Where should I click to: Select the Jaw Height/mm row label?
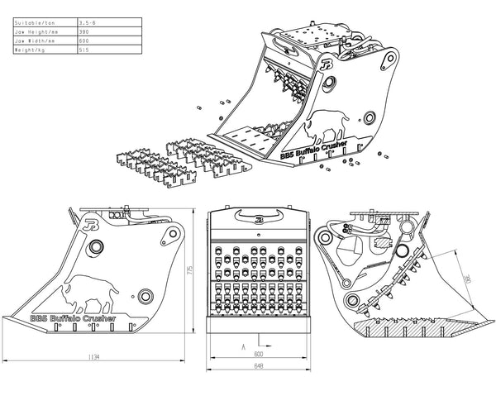(36, 31)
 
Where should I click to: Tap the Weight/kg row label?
(32, 50)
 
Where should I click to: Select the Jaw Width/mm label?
(35, 41)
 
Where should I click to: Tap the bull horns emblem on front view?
(258, 218)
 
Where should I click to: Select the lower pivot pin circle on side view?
(146, 295)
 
